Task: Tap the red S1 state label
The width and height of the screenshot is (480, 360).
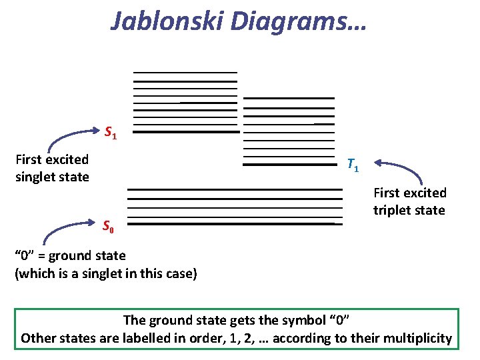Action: coord(111,132)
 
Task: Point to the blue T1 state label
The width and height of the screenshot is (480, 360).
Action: coord(353,165)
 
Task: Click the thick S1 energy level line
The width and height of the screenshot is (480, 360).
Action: coord(190,132)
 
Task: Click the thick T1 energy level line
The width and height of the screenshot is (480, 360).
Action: coord(288,164)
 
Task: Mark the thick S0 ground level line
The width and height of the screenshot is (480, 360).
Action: coord(233,224)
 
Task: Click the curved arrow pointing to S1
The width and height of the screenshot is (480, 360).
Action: coord(67,138)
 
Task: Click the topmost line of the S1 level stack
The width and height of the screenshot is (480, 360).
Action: coord(185,72)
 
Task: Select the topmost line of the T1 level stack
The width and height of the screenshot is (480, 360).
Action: coord(288,98)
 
